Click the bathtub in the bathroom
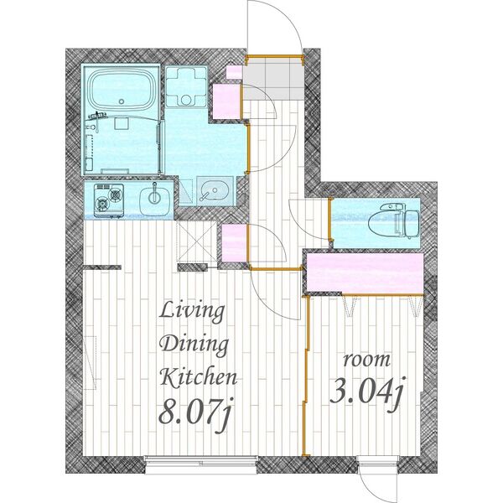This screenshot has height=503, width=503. coord(121,88)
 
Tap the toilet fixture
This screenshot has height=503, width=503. coord(394,220)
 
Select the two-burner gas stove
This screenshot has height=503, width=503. coord(109,200)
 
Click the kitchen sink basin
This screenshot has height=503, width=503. coord(154,201)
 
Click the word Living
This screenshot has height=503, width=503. coord(192,312)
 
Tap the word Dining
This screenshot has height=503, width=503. coord(194,345)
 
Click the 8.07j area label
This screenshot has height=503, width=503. coord(194,414)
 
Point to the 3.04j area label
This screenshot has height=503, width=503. coord(368,393)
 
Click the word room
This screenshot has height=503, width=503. coord(367,360)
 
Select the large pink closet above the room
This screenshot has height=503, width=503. coord(365,272)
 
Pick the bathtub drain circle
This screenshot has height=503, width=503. coord(122,101)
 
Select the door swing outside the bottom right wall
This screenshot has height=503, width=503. coord(379,485)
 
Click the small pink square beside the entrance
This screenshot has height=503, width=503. coord(234,72)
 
